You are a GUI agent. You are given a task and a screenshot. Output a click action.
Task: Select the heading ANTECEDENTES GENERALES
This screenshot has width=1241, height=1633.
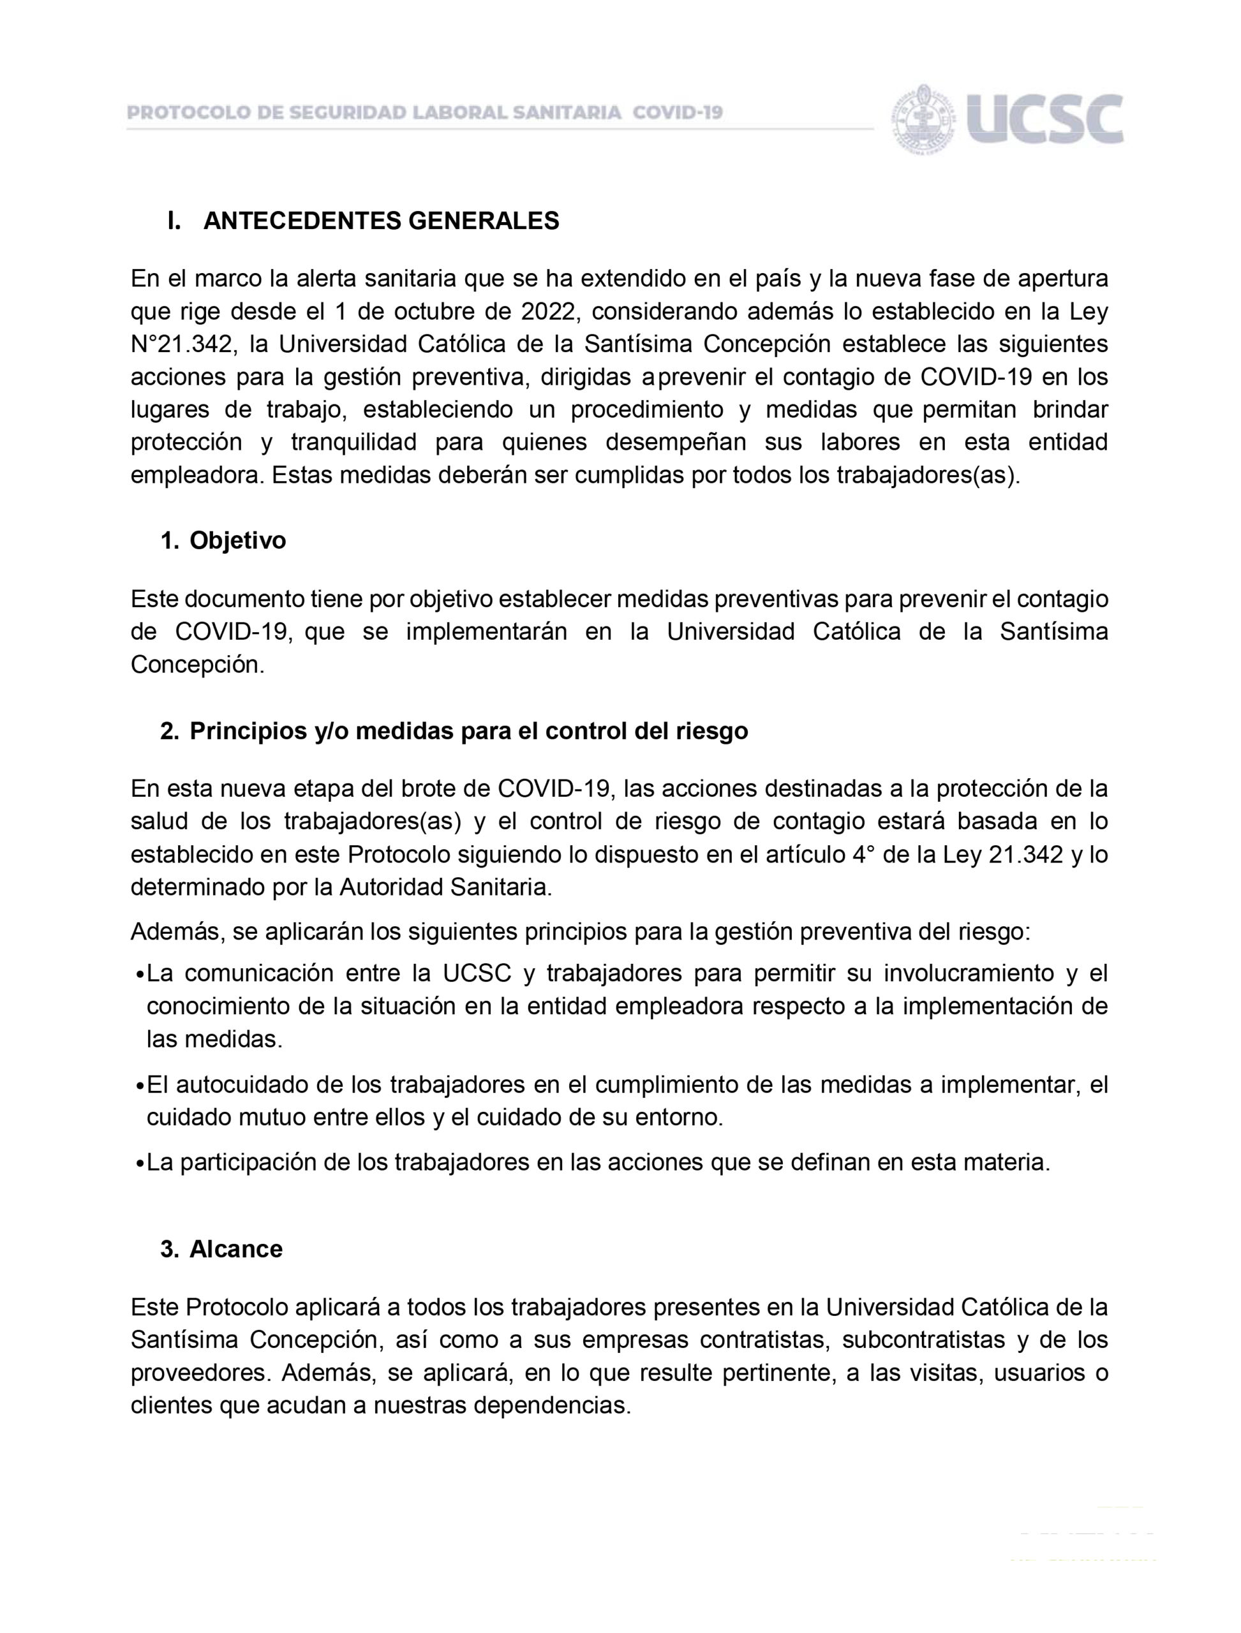381,221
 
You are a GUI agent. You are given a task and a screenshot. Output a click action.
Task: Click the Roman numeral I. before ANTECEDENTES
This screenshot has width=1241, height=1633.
174,221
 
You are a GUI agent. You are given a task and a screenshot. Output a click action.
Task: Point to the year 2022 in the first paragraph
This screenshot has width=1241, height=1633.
546,313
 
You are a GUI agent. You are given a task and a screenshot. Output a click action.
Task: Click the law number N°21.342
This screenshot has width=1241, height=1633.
184,345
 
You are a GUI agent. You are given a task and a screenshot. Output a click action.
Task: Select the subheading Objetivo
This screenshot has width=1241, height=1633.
237,541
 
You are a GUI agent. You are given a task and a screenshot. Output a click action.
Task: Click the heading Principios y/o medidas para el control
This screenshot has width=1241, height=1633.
468,731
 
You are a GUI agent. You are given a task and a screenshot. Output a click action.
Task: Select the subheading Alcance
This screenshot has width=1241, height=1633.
235,1249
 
